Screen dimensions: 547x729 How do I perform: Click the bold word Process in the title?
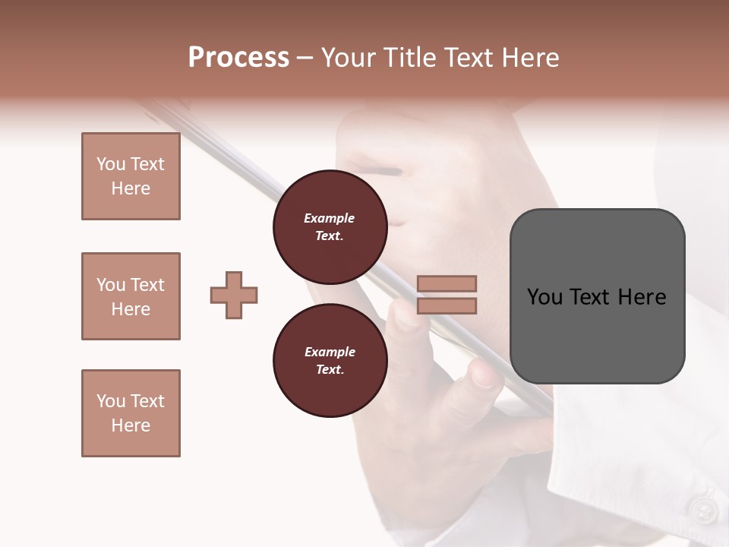pyautogui.click(x=238, y=58)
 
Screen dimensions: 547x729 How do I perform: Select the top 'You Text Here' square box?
pyautogui.click(x=131, y=176)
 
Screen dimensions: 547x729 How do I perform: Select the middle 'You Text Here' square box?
pyautogui.click(x=131, y=296)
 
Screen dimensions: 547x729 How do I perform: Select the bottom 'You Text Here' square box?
pyautogui.click(x=131, y=413)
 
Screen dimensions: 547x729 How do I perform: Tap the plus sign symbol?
pyautogui.click(x=234, y=295)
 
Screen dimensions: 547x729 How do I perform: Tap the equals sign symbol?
pyautogui.click(x=447, y=295)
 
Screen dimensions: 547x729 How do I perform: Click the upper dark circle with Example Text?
pyautogui.click(x=330, y=227)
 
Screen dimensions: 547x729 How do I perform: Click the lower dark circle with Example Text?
pyautogui.click(x=330, y=361)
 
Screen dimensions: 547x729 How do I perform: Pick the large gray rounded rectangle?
pyautogui.click(x=597, y=296)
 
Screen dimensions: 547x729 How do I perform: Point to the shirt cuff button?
pyautogui.click(x=702, y=511)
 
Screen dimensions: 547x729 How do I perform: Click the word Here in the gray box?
pyautogui.click(x=642, y=297)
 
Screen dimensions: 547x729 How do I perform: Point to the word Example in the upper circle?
pyautogui.click(x=330, y=218)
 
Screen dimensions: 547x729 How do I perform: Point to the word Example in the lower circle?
pyautogui.click(x=330, y=352)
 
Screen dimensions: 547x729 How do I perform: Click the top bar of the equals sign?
pyautogui.click(x=447, y=283)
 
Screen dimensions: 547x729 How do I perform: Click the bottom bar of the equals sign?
pyautogui.click(x=447, y=306)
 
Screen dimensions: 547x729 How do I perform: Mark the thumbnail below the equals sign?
pyautogui.click(x=483, y=376)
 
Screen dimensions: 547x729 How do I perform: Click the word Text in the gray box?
pyautogui.click(x=592, y=297)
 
